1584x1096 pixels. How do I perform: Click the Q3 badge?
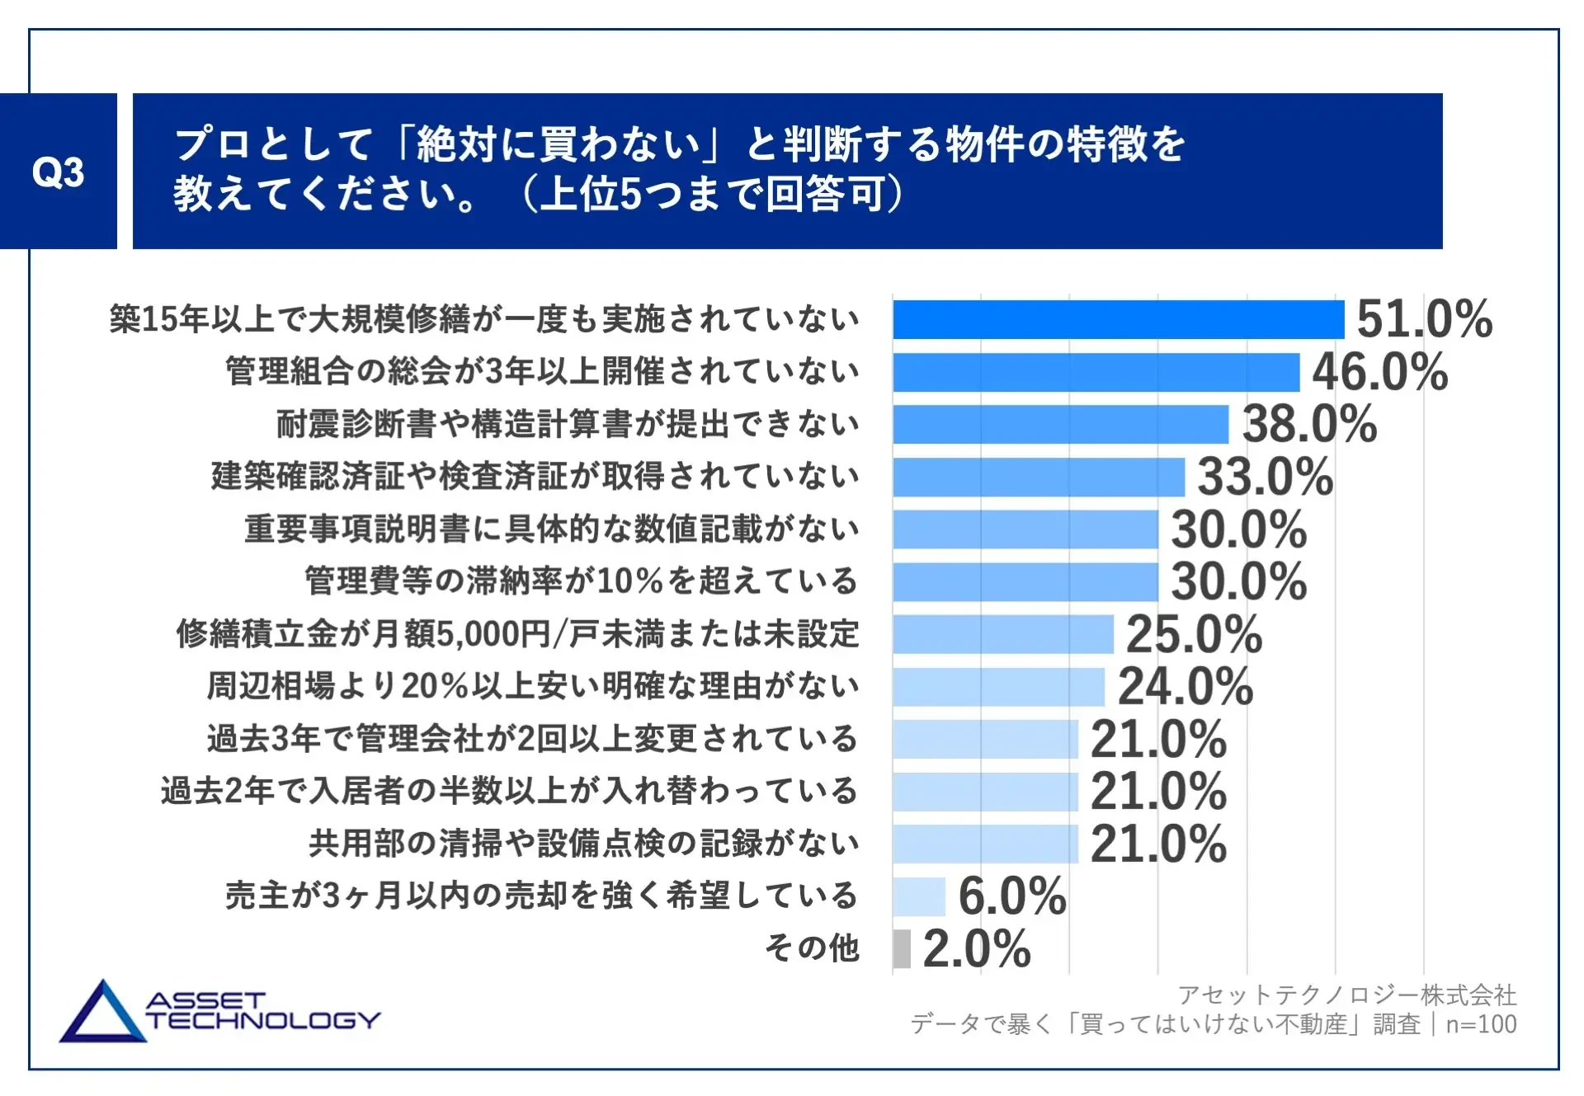[58, 172]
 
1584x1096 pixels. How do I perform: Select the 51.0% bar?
[1118, 319]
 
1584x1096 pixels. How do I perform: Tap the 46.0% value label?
[1379, 372]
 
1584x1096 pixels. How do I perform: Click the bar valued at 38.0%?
[1060, 424]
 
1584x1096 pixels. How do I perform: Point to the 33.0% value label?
[1265, 477]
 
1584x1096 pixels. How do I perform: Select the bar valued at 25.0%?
[1002, 634]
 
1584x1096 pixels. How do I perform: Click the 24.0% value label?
[1185, 686]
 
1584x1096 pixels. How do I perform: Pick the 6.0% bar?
[918, 896]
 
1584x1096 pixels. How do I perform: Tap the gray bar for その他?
[902, 948]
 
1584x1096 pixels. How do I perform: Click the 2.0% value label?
[977, 948]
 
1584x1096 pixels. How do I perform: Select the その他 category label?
[812, 948]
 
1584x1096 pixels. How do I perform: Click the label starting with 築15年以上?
[484, 319]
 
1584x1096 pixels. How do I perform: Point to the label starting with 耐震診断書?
[568, 424]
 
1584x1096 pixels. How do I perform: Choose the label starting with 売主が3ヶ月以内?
[541, 896]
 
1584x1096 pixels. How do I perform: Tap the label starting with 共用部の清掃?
[584, 844]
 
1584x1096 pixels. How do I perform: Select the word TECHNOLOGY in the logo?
[263, 1021]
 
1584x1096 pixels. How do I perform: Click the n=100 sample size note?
[1481, 1024]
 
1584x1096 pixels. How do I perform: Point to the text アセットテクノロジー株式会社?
[1346, 995]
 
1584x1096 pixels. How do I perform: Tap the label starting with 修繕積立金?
[517, 634]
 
